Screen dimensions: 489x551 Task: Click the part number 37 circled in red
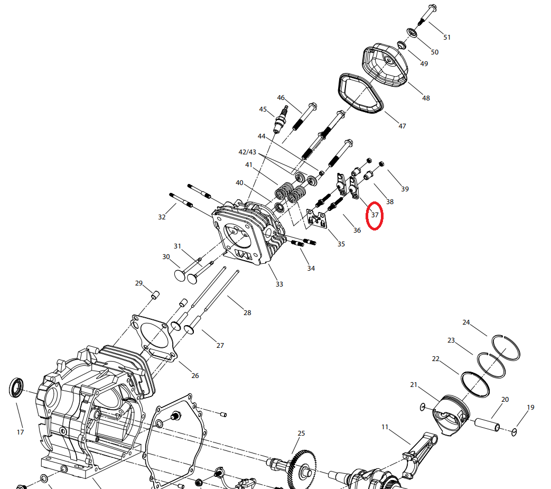tap(375, 215)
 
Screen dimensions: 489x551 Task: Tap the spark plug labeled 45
tap(281, 121)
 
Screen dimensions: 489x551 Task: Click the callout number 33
tap(279, 284)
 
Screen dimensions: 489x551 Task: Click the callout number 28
tap(247, 312)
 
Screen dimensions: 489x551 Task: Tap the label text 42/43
tap(247, 152)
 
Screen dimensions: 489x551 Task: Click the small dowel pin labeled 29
tap(156, 294)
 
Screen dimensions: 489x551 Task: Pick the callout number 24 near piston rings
tap(466, 322)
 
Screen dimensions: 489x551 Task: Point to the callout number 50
tap(434, 52)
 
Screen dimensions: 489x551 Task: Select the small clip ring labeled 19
tap(514, 433)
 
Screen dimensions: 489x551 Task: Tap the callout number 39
tap(405, 189)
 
